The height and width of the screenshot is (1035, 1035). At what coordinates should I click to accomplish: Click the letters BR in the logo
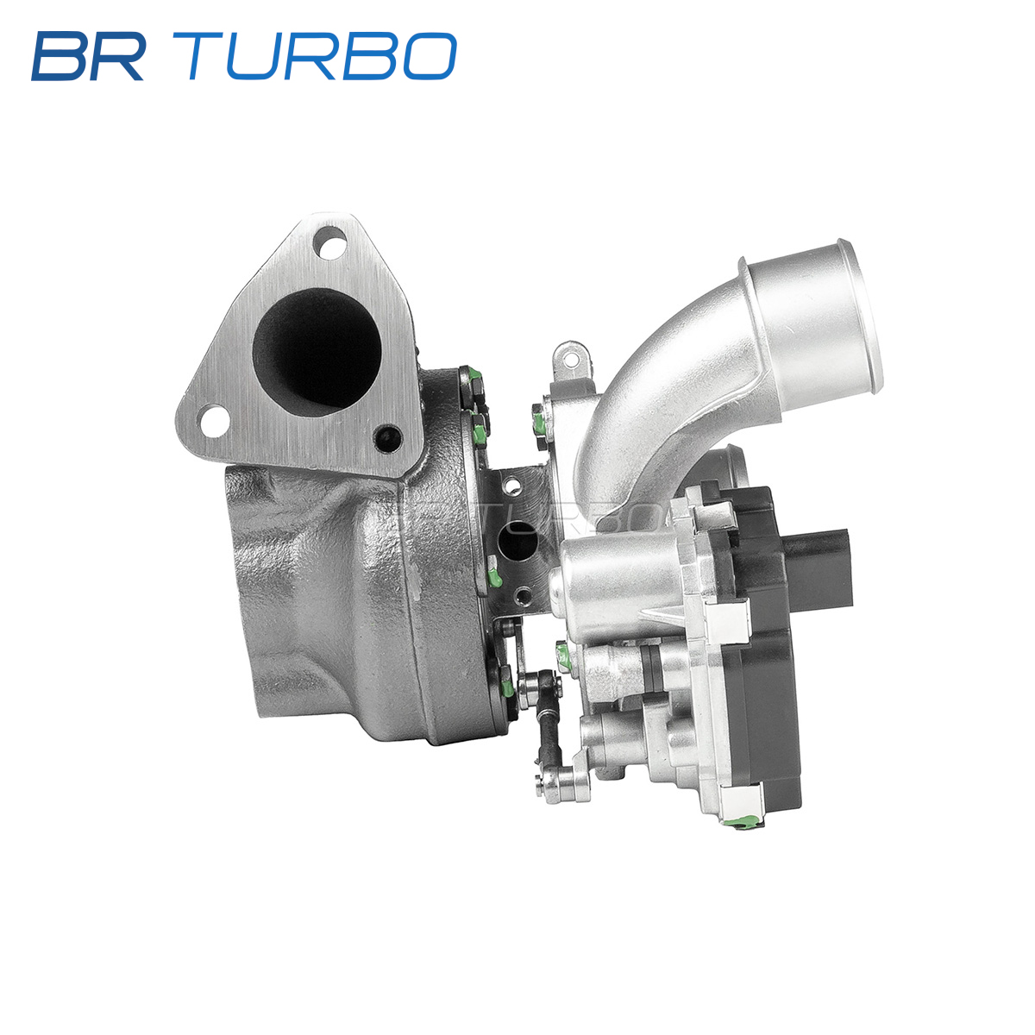(x=88, y=56)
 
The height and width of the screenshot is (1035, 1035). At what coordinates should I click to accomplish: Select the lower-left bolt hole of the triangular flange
(x=213, y=421)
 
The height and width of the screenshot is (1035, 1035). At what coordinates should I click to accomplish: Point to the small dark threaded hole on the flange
(x=388, y=438)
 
